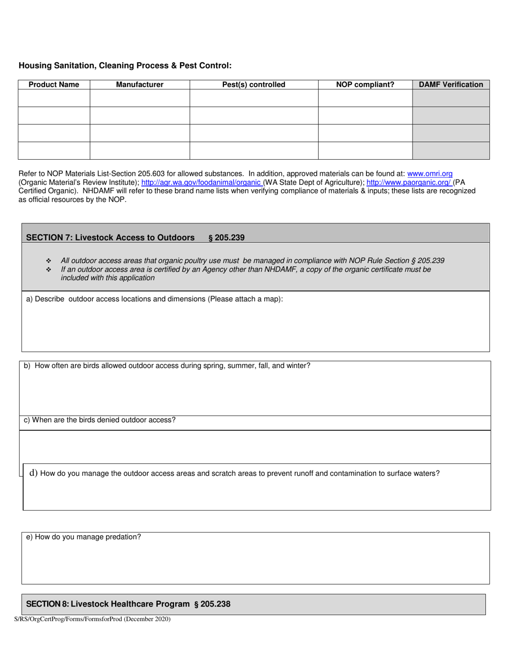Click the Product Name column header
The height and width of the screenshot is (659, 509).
pos(54,85)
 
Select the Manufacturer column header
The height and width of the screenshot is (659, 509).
pos(140,85)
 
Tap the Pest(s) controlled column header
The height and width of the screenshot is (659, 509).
pos(254,85)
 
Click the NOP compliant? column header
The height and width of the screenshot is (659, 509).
pos(365,85)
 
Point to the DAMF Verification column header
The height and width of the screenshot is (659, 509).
pos(451,85)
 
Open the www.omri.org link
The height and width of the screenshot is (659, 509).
pos(430,174)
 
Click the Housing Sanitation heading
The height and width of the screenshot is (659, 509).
pos(125,66)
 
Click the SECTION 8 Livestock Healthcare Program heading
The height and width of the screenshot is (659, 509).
pos(128,604)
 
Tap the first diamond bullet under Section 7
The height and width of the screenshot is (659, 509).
pos(49,261)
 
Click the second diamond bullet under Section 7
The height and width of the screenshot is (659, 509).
pos(49,269)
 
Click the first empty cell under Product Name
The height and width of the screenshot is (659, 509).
pos(54,98)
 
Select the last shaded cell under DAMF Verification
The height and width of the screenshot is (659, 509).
pos(451,151)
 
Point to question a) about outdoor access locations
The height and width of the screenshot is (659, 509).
pos(154,299)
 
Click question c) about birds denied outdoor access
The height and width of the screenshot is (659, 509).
pos(100,420)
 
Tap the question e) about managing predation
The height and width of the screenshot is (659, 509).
pos(84,537)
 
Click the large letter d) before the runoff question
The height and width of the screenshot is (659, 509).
pos(33,473)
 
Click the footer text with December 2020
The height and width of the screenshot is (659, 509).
pos(92,619)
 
